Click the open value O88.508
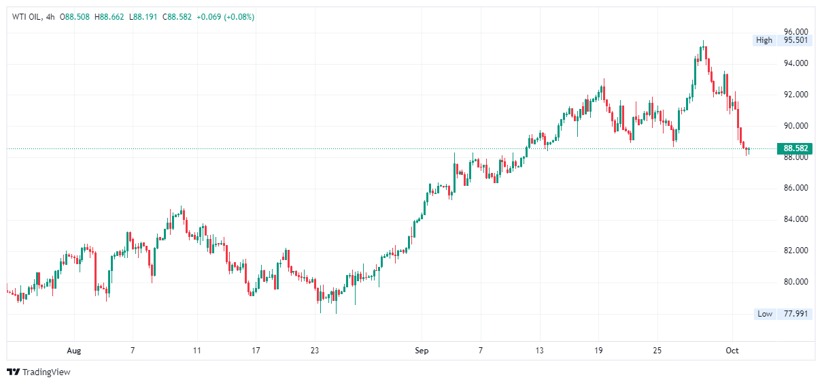[x=75, y=17]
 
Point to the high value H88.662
[x=110, y=17]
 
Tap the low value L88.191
[x=145, y=17]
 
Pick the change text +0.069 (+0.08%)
[x=225, y=17]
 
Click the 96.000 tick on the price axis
[x=795, y=31]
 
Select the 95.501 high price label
[x=795, y=40]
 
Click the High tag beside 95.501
[x=764, y=40]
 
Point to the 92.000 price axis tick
[x=795, y=95]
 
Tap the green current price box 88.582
[x=795, y=148]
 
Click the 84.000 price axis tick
[x=795, y=219]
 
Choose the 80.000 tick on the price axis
[x=795, y=282]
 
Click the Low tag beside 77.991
[x=765, y=314]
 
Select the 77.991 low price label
[x=795, y=314]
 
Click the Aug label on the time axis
[x=74, y=351]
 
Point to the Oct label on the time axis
[x=732, y=351]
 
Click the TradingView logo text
[x=46, y=372]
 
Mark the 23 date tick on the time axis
[x=314, y=351]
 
